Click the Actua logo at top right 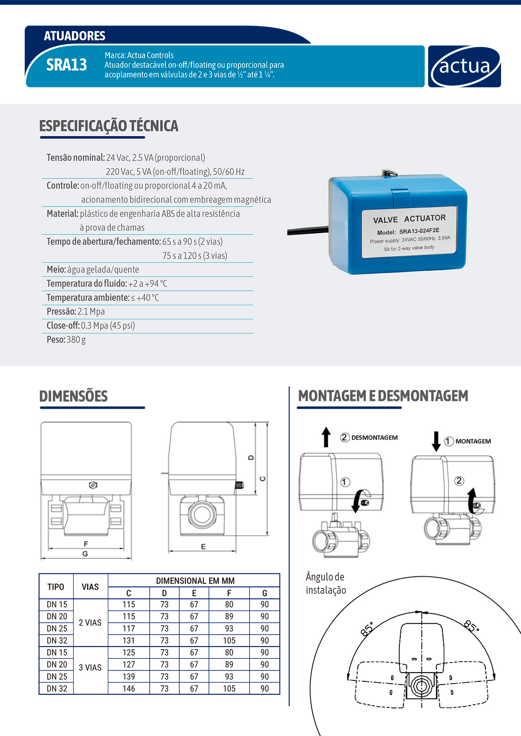tap(464, 66)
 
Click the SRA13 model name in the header tap(66, 65)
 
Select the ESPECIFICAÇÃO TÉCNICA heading tap(109, 126)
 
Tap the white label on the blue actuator tap(409, 232)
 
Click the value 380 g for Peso tap(76, 340)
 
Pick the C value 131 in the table tap(129, 641)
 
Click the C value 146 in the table tap(129, 688)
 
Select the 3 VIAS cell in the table tap(90, 667)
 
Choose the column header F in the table tap(229, 593)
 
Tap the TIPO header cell tap(56, 587)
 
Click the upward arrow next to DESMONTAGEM tap(326, 437)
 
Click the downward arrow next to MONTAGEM tap(436, 441)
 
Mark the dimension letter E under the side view tap(203, 547)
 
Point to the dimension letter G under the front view tap(85, 554)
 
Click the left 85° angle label tap(367, 629)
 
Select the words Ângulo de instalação tap(326, 583)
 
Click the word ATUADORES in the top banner tap(75, 36)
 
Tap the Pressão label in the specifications tap(61, 312)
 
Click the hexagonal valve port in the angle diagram tap(421, 686)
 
